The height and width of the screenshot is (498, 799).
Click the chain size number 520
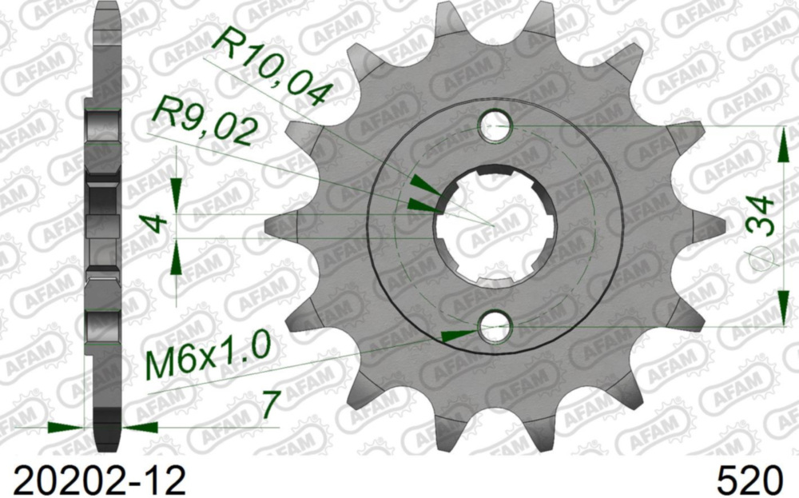coord(749,480)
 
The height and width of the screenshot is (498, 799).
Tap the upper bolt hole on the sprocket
coord(495,127)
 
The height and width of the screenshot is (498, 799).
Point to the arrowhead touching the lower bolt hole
coord(462,334)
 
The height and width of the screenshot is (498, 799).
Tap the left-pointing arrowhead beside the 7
coord(142,428)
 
